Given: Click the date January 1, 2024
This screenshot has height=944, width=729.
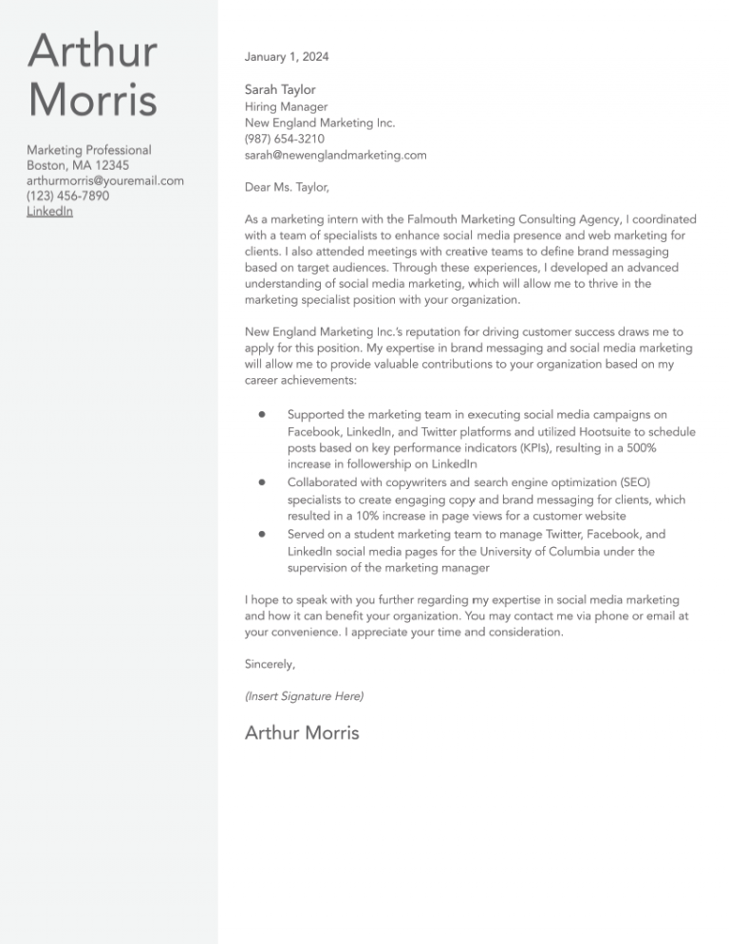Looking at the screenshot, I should point(287,57).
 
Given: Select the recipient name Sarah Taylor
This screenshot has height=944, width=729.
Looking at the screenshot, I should point(280,89).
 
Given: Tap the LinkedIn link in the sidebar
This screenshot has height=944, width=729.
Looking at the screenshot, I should point(49,211).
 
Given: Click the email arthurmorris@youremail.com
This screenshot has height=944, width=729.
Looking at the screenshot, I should point(105,180).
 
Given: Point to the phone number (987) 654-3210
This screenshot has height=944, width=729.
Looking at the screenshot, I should point(285,139).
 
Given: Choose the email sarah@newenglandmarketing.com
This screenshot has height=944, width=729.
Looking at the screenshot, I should point(335,155).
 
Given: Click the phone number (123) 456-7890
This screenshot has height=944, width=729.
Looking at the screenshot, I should point(67,196).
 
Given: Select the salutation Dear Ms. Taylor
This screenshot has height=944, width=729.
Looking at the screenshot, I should point(287,188).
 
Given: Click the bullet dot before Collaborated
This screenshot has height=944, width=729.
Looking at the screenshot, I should point(260,482).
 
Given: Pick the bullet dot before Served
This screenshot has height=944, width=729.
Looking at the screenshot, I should point(260,534).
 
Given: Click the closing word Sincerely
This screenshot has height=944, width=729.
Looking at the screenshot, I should point(270,664).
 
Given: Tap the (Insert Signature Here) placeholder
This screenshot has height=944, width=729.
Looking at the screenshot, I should point(304,696).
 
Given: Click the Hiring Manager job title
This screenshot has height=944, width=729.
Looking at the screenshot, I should point(286,107).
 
